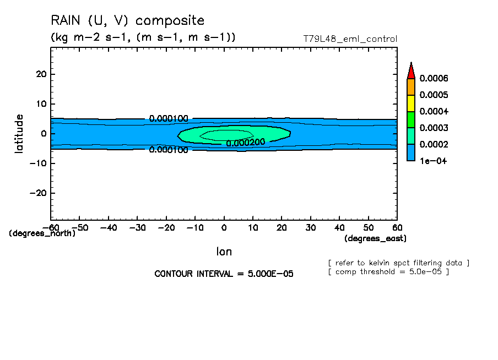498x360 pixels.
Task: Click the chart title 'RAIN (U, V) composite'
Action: tap(127, 21)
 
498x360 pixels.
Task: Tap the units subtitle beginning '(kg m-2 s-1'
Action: tap(143, 37)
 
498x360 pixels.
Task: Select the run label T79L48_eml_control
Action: tap(350, 39)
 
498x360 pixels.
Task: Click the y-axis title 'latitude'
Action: tap(19, 133)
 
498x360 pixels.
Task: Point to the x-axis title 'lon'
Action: tap(224, 252)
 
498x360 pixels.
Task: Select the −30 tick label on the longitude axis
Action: tap(137, 227)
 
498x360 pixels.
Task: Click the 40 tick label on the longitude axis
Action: tap(339, 227)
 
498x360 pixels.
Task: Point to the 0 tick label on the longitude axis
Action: tap(224, 227)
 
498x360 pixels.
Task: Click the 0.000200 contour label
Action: tap(246, 142)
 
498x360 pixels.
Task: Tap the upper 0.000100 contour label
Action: tap(169, 118)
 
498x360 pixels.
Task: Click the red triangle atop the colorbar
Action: tap(411, 71)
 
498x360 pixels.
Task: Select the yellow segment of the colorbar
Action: tap(411, 103)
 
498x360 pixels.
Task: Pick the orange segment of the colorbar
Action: tap(411, 86)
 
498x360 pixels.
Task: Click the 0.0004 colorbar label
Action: tap(434, 112)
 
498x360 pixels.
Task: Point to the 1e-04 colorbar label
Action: tap(432, 161)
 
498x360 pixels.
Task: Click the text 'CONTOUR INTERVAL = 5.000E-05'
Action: tap(224, 274)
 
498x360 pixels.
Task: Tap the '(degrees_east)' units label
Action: tap(375, 238)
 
